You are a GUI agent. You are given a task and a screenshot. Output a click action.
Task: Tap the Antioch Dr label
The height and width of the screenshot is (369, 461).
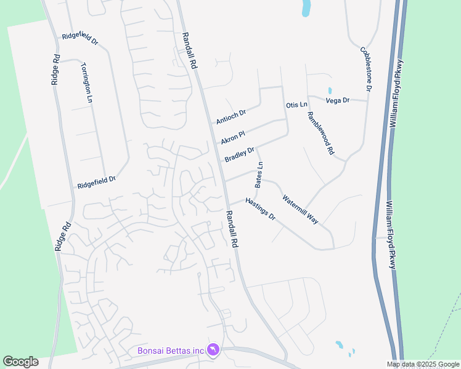pos(231,116)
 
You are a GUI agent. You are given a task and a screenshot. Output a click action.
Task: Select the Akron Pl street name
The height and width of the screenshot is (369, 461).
pos(233,137)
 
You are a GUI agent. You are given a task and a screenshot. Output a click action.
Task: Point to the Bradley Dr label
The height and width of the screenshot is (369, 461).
pos(239,155)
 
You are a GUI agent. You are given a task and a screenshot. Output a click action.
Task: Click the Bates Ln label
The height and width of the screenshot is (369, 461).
pos(259,175)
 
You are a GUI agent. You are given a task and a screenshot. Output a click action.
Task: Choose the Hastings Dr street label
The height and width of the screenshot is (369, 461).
pos(259,210)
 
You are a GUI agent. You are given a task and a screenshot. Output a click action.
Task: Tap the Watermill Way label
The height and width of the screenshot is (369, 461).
pos(300,209)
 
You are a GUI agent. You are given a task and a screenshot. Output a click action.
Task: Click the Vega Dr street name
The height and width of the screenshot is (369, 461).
pos(337,100)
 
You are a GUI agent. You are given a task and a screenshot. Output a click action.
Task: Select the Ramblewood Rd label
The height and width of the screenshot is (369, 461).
pos(320,133)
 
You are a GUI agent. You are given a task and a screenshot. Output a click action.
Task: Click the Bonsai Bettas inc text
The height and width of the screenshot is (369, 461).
pos(170,351)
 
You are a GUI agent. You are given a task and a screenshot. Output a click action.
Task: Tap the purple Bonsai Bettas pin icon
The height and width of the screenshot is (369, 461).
pos(213,349)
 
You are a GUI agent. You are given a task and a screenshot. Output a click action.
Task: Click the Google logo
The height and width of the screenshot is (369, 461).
pos(20,362)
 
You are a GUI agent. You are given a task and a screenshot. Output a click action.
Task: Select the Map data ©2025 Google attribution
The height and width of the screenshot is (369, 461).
pos(423,364)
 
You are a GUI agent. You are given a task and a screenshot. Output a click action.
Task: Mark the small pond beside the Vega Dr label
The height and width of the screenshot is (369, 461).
pos(330,90)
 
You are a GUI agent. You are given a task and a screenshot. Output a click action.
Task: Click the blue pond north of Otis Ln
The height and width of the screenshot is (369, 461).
pos(306,9)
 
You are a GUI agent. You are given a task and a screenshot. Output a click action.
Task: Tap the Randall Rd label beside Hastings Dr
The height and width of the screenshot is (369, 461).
pos(232,229)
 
